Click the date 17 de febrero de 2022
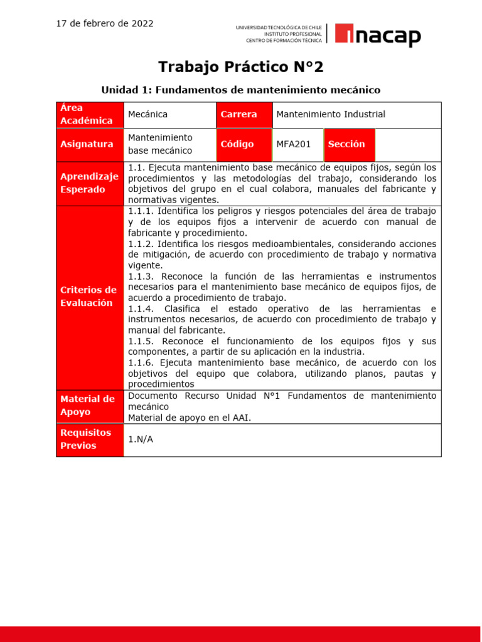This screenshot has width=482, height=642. pyautogui.click(x=105, y=24)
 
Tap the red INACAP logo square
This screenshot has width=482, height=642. pyautogui.click(x=345, y=35)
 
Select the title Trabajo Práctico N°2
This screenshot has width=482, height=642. pyautogui.click(x=241, y=66)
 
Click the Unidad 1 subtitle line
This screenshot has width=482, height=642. pyautogui.click(x=241, y=90)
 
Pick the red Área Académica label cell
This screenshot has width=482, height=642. pyautogui.click(x=90, y=115)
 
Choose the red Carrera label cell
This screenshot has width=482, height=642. pyautogui.click(x=244, y=115)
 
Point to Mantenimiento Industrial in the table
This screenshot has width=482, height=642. pyautogui.click(x=331, y=115)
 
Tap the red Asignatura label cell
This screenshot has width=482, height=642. pyautogui.click(x=90, y=144)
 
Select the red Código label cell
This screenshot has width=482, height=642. pyautogui.click(x=244, y=144)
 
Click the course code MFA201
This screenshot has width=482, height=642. pyautogui.click(x=294, y=144)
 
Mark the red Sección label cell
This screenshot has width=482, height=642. pyautogui.click(x=349, y=144)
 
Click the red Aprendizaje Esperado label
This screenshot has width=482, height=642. pyautogui.click(x=90, y=183)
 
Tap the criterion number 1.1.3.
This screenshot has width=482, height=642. pyautogui.click(x=142, y=276)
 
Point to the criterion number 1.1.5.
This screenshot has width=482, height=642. pyautogui.click(x=142, y=341)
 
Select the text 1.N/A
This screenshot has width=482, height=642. pyautogui.click(x=141, y=439)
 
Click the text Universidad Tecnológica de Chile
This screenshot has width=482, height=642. pyautogui.click(x=279, y=28)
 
